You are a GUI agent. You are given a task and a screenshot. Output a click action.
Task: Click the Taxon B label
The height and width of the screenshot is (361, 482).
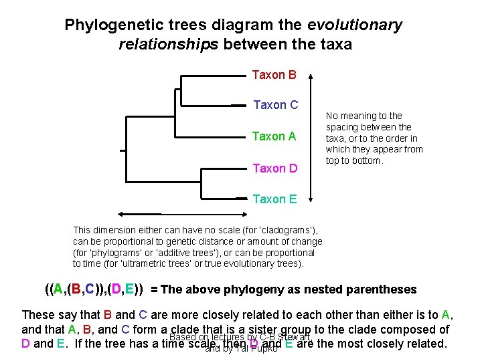pos(274,75)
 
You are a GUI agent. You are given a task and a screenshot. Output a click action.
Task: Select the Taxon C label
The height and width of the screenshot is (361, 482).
pos(276,105)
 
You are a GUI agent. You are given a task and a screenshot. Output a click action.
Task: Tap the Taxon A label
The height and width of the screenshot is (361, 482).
pos(274,136)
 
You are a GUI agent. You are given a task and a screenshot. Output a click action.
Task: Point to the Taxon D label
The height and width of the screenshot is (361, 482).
pos(274,168)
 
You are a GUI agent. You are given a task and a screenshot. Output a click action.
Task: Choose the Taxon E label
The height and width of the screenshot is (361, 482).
pos(274,199)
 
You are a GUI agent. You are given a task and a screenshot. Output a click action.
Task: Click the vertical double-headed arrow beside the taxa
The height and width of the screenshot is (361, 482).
pos(310,137)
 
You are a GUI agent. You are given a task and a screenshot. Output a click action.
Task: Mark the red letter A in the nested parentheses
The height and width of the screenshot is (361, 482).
pos(58,289)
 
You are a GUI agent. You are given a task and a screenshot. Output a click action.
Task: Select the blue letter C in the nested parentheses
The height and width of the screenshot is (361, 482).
pos(89,289)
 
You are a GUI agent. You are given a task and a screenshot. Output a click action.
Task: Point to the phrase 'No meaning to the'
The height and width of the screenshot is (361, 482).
pos(364,116)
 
